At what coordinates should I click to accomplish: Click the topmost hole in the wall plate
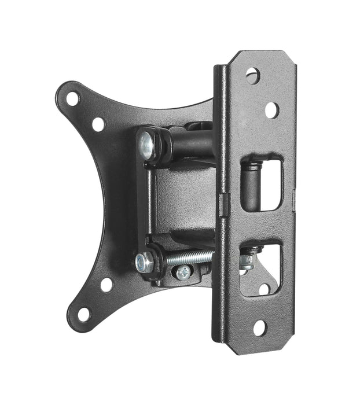tap(252, 74)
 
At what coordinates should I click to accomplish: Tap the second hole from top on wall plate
tap(271, 109)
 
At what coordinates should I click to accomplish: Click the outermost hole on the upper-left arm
tap(72, 98)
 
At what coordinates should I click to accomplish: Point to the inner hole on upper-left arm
tap(98, 124)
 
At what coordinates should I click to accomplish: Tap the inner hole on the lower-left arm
tap(106, 284)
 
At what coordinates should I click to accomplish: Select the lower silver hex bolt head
tap(144, 263)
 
